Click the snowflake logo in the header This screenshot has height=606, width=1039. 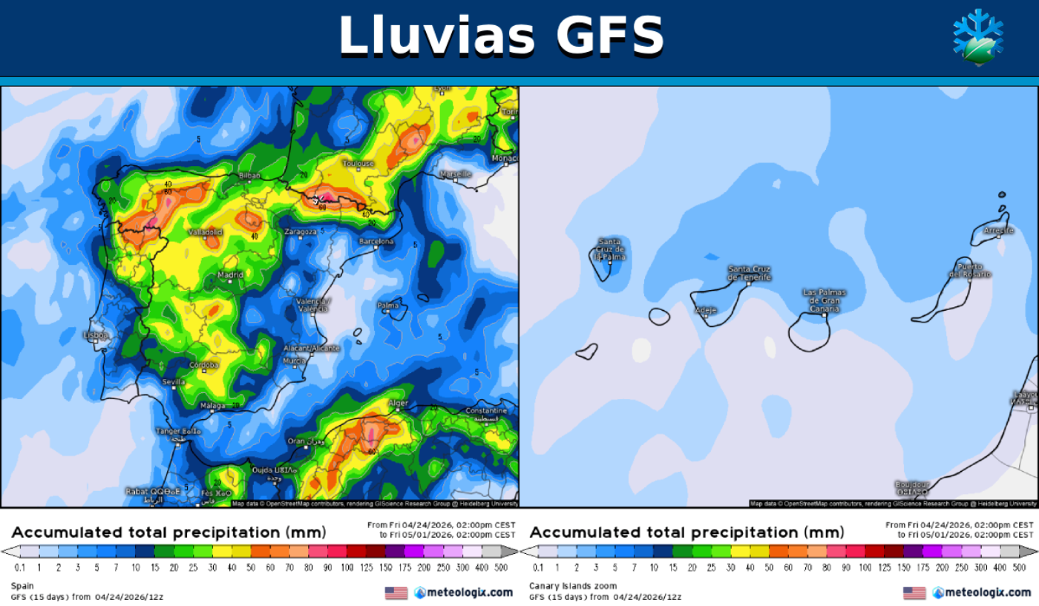977,36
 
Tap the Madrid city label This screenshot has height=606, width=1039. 230,275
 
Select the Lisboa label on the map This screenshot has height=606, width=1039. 96,335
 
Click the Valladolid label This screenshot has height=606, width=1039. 206,232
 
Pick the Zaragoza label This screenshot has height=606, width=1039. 301,231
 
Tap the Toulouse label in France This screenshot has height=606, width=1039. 358,163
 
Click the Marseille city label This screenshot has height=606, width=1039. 455,174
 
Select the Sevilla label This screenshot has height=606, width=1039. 173,382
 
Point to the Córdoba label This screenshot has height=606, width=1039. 203,365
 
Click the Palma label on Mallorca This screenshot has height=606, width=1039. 387,305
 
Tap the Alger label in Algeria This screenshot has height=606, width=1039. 399,404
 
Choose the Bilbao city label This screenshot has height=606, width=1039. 249,176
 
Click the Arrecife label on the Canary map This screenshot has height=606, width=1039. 998,231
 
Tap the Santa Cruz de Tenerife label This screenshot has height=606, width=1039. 749,273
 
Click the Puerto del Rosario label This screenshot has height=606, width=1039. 969,270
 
